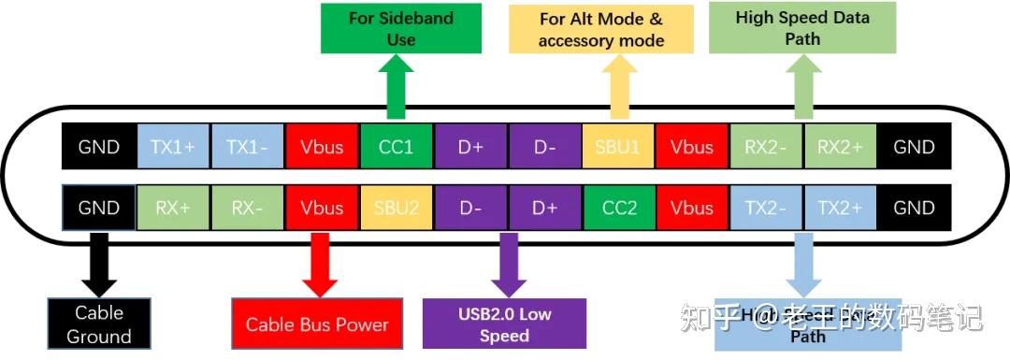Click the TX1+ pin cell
pyautogui.click(x=174, y=147)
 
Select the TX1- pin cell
pyautogui.click(x=248, y=147)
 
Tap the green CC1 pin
pyautogui.click(x=396, y=147)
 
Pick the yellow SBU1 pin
pyautogui.click(x=617, y=147)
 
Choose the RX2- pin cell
pyautogui.click(x=766, y=147)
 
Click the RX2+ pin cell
pyautogui.click(x=839, y=147)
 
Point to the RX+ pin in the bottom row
pyautogui.click(x=174, y=208)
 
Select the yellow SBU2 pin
pyautogui.click(x=396, y=208)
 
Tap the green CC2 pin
pyautogui.click(x=617, y=208)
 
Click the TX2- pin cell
pyautogui.click(x=766, y=208)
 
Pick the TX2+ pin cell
pyautogui.click(x=839, y=208)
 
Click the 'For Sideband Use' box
pyautogui.click(x=401, y=28)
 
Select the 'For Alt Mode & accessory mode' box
pyautogui.click(x=601, y=29)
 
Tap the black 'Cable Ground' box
pyautogui.click(x=99, y=324)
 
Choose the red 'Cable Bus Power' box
pyautogui.click(x=317, y=324)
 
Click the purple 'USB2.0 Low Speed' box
pyautogui.click(x=504, y=324)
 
